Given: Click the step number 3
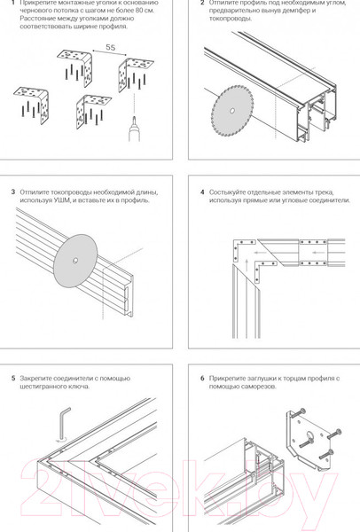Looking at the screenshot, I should pyautogui.click(x=12, y=192).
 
